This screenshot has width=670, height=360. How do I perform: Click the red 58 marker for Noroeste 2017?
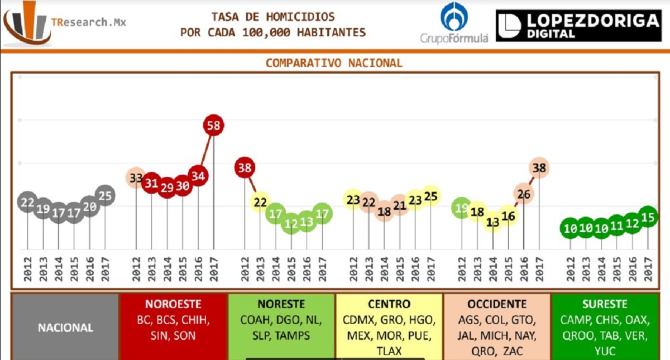[213, 125]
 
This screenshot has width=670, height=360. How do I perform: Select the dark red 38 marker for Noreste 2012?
[245, 167]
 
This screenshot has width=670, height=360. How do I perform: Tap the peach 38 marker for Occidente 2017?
[539, 167]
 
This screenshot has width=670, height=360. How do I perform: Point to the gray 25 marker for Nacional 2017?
[105, 195]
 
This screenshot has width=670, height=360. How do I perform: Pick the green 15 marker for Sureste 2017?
[648, 217]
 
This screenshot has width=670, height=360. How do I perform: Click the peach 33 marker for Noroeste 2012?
[136, 178]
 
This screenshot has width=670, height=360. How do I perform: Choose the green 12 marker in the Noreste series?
[291, 223]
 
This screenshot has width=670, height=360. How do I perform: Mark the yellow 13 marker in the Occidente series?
[492, 222]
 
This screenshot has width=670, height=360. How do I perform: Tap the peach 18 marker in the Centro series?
[384, 212]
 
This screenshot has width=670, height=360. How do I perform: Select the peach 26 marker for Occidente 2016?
[524, 194]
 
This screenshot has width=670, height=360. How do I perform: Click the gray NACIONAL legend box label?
[65, 328]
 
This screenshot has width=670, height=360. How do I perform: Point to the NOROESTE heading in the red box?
[173, 304]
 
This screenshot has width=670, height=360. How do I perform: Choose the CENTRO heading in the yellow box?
[389, 304]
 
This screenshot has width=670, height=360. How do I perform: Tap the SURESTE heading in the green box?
[605, 304]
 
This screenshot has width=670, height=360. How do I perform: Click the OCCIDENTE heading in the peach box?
[497, 304]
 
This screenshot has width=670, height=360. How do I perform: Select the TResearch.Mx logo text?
[88, 22]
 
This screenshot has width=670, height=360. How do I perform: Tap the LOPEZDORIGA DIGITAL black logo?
[578, 26]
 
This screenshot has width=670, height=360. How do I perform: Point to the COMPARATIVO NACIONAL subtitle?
[334, 63]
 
